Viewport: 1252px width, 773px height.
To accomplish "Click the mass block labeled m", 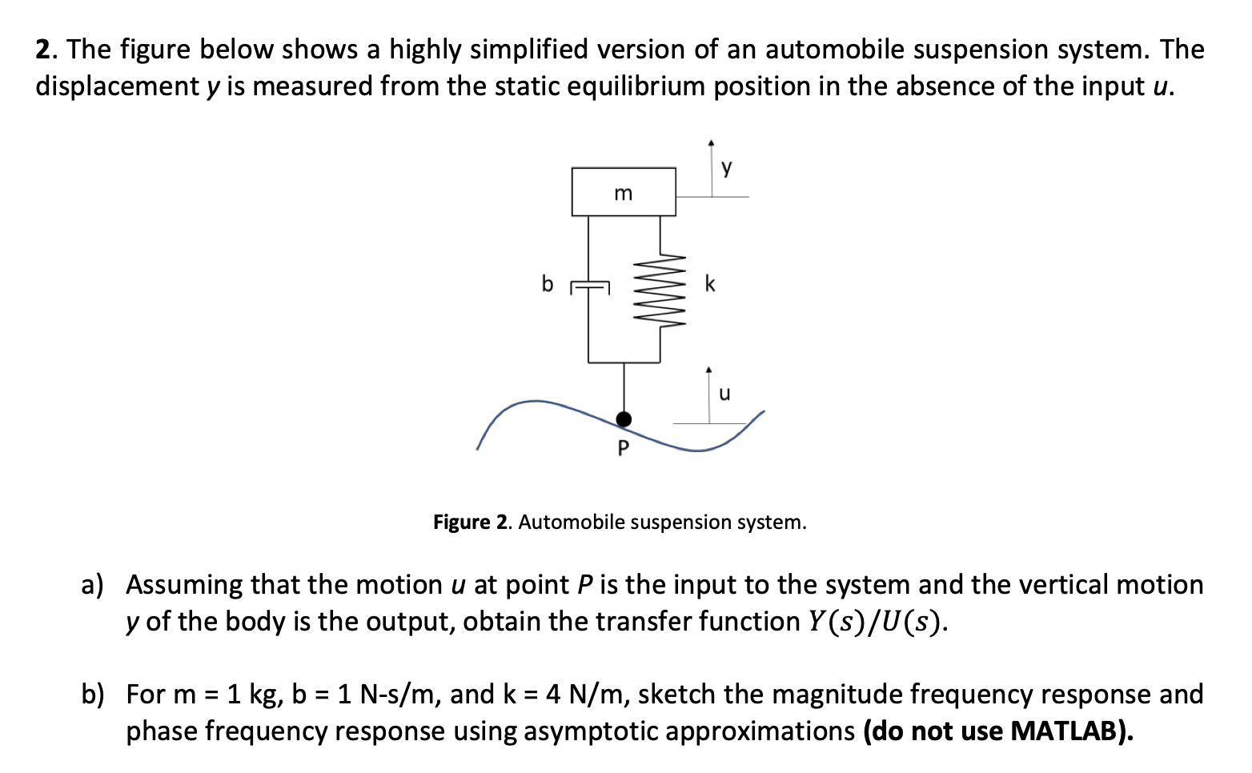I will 624,192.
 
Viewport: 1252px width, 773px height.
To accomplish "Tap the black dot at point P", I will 624,419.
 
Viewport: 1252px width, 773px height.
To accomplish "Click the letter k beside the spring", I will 710,284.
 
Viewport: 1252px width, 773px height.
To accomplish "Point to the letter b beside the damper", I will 548,284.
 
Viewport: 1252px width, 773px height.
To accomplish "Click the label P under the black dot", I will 624,448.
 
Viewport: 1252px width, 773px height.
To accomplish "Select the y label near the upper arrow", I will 727,167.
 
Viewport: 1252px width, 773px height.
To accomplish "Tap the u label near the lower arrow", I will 724,394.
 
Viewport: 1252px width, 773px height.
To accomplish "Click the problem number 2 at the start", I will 45,50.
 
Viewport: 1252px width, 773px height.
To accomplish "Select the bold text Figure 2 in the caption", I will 471,523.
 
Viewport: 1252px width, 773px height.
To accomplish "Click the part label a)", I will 93,585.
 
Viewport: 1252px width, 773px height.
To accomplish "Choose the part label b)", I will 93,694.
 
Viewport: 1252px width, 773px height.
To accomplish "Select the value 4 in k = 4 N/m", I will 553,694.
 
